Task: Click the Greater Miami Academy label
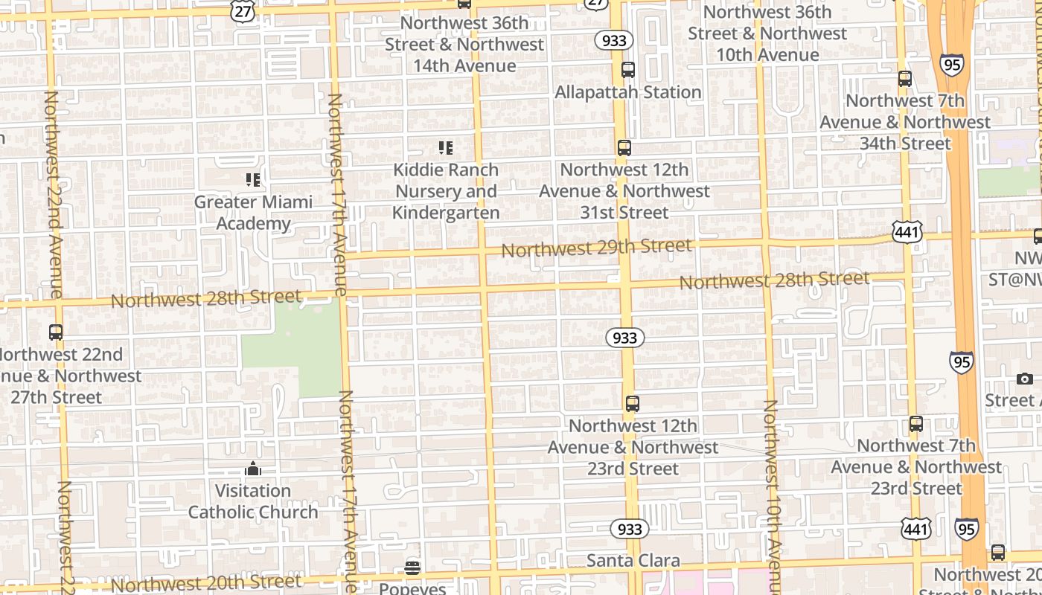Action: pyautogui.click(x=253, y=213)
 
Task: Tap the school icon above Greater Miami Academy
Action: pyautogui.click(x=253, y=180)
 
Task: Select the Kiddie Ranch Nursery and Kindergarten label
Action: pyautogui.click(x=446, y=191)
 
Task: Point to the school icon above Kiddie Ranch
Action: pyautogui.click(x=446, y=148)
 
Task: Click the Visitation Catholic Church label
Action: pyautogui.click(x=253, y=501)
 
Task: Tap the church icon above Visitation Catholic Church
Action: pyautogui.click(x=253, y=469)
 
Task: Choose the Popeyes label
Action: pyautogui.click(x=412, y=588)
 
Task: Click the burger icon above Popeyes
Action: pyautogui.click(x=412, y=569)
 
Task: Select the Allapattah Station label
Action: pyautogui.click(x=628, y=92)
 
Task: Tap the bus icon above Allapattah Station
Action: pyautogui.click(x=628, y=70)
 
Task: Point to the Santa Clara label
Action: pyautogui.click(x=633, y=561)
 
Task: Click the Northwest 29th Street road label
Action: pyautogui.click(x=597, y=248)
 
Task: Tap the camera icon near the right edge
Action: pyautogui.click(x=1025, y=379)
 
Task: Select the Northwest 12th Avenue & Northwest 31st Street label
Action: pyautogui.click(x=624, y=191)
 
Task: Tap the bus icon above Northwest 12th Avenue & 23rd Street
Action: pyautogui.click(x=633, y=404)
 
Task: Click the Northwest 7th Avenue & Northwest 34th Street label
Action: pyautogui.click(x=906, y=122)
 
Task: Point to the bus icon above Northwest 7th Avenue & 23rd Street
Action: pyautogui.click(x=916, y=424)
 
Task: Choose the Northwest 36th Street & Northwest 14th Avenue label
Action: pyautogui.click(x=464, y=45)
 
